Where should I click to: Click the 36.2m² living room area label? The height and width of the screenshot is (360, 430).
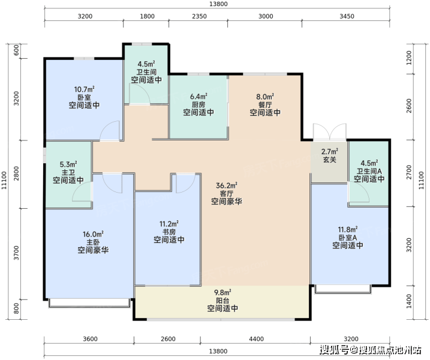(x=227, y=186)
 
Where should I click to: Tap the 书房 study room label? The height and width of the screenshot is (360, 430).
(x=169, y=232)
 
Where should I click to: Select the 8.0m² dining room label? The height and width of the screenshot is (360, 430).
(x=265, y=97)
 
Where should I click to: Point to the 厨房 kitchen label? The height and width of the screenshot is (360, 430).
(x=199, y=104)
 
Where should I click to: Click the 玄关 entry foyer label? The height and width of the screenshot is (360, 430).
(x=330, y=160)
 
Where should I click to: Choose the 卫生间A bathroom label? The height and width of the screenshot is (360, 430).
(x=369, y=171)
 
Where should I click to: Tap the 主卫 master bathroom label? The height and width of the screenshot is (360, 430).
(x=68, y=172)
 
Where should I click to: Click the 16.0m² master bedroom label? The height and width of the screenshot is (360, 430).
(x=93, y=235)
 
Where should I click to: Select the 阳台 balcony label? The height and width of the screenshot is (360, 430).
(x=222, y=301)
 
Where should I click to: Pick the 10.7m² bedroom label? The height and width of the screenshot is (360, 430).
(x=84, y=89)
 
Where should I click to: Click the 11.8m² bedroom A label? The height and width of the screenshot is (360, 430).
(x=347, y=229)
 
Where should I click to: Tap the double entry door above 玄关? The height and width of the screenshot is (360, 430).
(x=330, y=132)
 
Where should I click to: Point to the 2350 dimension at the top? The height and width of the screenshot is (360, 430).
(x=199, y=16)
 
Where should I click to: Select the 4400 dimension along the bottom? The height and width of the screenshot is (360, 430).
(x=256, y=339)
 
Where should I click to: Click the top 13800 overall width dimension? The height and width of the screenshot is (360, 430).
(x=218, y=4)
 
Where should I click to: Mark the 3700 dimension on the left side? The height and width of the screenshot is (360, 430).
(x=16, y=253)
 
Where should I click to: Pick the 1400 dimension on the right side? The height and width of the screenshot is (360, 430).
(x=409, y=301)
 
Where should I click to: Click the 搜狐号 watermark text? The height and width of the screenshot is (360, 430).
(x=335, y=350)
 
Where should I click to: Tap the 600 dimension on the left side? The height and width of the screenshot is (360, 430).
(x=16, y=50)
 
